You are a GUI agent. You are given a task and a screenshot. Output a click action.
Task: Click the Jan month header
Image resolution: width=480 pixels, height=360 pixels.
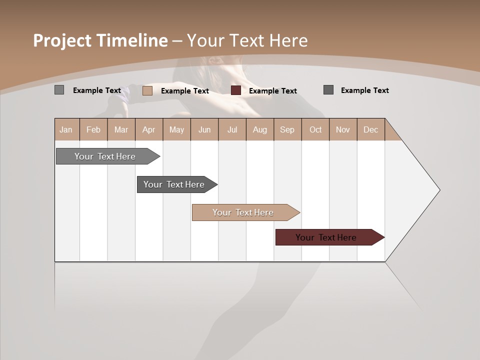[66, 129]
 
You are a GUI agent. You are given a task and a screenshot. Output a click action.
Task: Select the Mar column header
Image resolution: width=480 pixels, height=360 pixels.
[121, 129]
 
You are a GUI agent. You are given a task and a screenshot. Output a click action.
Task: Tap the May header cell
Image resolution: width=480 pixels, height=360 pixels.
[176, 129]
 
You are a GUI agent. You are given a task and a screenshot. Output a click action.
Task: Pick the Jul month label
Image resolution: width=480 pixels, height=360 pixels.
[232, 129]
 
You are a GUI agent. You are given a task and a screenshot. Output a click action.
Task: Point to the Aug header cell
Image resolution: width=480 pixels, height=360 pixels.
[259, 129]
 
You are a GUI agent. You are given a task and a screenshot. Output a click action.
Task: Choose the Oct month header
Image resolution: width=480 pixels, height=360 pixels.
[315, 129]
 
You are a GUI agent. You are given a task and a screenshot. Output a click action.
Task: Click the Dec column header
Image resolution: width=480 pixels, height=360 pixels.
[370, 129]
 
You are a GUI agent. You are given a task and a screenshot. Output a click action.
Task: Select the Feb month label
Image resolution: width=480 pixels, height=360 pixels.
[93, 129]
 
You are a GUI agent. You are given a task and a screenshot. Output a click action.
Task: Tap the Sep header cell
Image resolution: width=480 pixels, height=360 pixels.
[287, 129]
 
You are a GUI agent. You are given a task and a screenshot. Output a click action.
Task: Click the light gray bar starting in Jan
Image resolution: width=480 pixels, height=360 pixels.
[105, 156]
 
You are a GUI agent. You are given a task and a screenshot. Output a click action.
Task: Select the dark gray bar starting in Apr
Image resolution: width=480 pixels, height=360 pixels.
[174, 184]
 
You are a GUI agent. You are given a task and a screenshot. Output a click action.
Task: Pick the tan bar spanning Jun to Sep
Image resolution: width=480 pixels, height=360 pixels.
[243, 212]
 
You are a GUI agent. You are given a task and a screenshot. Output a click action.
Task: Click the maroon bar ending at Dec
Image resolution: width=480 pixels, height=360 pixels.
[326, 237]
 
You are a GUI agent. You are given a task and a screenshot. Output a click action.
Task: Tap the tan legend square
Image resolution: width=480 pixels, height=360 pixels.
[147, 90]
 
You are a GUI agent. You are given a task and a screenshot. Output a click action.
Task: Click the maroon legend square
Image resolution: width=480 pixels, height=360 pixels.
[236, 90]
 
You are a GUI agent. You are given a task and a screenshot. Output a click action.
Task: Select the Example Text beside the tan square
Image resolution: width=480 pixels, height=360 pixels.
[185, 91]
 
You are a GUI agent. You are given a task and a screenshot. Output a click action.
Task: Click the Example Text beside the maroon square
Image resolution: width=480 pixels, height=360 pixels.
[273, 91]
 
